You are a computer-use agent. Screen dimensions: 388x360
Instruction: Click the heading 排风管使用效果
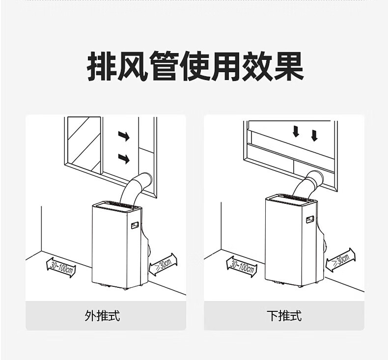point(195,67)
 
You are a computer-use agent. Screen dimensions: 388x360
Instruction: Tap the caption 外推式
point(102,315)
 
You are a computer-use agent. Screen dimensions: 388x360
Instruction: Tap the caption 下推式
point(283,315)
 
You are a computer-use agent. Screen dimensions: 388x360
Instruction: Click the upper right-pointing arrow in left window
point(124,136)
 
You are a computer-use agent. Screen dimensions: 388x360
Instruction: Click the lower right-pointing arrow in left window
point(124,158)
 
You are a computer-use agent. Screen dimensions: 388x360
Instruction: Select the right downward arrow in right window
point(314,134)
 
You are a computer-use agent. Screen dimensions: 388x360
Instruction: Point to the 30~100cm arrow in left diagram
point(62,267)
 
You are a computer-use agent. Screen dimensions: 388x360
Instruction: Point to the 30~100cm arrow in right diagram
point(242,266)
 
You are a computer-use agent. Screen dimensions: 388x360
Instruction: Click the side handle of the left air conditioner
point(135,226)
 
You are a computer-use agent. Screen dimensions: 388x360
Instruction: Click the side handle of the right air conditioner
point(310,219)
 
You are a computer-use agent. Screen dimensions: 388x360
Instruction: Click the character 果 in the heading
point(288,67)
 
